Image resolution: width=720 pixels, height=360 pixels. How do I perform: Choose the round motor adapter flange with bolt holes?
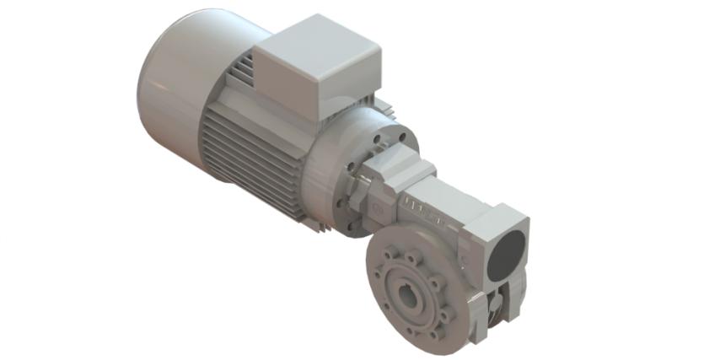371,164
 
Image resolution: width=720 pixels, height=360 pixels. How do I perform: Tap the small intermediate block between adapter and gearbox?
379,181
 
